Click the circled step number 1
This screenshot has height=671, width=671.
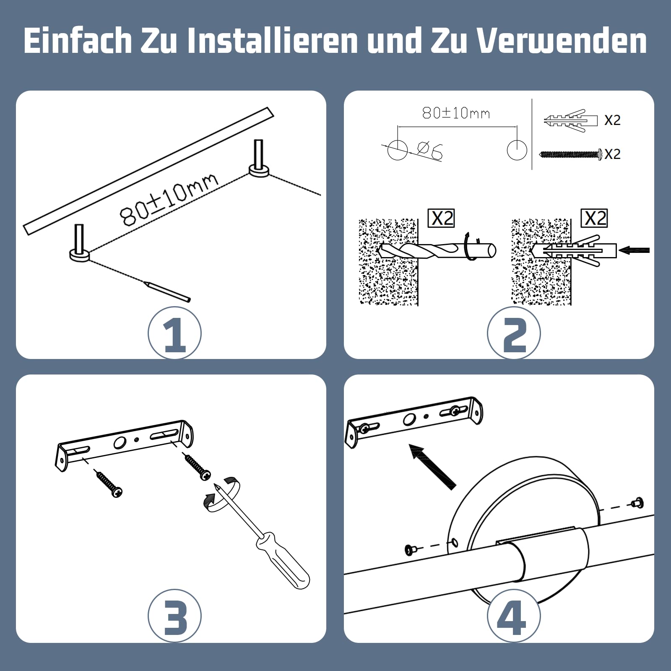(x=174, y=333)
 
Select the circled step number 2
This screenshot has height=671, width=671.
(x=514, y=333)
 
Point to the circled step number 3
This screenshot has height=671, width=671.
(x=174, y=616)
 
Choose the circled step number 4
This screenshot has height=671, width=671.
(x=514, y=616)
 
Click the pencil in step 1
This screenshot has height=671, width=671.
(x=167, y=291)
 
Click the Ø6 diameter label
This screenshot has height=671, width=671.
(x=430, y=151)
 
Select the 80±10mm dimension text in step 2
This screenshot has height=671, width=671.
(x=456, y=113)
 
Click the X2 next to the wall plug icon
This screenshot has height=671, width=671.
(x=612, y=120)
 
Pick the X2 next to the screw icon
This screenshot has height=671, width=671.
(x=612, y=154)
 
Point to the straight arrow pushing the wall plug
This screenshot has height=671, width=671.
(x=634, y=250)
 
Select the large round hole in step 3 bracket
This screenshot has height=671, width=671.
(x=120, y=442)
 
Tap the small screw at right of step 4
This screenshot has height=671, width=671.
(x=637, y=502)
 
